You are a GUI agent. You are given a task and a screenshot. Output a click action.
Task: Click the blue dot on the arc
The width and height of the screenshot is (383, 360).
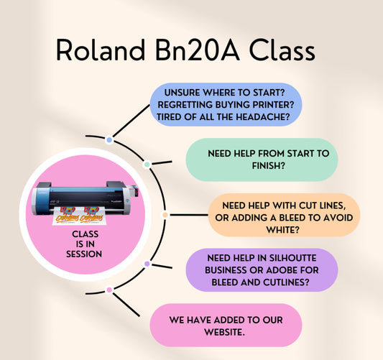109,139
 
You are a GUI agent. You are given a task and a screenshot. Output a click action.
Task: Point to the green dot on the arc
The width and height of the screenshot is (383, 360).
147,165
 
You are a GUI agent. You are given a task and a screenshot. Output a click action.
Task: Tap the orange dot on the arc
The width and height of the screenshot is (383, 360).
165,214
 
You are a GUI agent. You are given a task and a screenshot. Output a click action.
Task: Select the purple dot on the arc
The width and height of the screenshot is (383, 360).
147,264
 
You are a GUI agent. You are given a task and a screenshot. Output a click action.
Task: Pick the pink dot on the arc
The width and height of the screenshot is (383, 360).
109,290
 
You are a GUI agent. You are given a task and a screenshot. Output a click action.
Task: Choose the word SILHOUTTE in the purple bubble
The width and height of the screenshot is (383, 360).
282,257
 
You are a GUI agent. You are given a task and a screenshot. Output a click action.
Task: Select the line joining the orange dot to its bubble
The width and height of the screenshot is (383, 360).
188,214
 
